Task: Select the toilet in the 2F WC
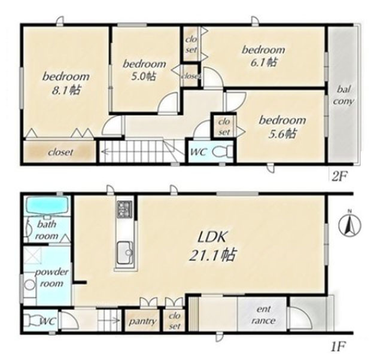pos(222,152)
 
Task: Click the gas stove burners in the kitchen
pos(124,209)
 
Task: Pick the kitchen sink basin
pos(124,252)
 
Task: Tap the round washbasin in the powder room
pos(30,285)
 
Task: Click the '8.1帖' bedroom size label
pos(66,90)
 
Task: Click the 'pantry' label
pos(142,321)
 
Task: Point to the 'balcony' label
pos(343,96)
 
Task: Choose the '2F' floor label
pos(338,176)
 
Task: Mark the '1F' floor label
pos(338,347)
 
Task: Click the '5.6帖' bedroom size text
pos(282,134)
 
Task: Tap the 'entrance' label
pos(263,315)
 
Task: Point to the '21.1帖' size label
pos(212,255)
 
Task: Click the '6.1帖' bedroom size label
pos(263,62)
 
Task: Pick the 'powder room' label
pos(51,278)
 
